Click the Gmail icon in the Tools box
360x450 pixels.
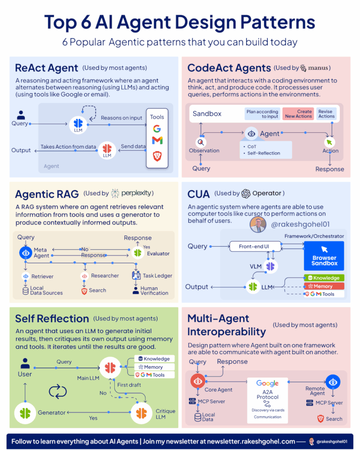click(157, 140)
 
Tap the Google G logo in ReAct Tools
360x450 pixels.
click(157, 128)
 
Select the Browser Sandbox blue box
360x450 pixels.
click(324, 256)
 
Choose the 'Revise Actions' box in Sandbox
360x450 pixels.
click(326, 114)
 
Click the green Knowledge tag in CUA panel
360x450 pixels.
click(324, 278)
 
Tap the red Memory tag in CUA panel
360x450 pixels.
click(324, 286)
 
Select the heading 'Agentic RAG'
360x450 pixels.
click(47, 194)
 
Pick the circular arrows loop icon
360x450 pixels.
click(58, 391)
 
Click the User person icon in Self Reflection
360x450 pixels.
click(25, 364)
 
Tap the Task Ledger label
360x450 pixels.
click(157, 276)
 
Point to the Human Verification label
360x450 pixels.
click(154, 291)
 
